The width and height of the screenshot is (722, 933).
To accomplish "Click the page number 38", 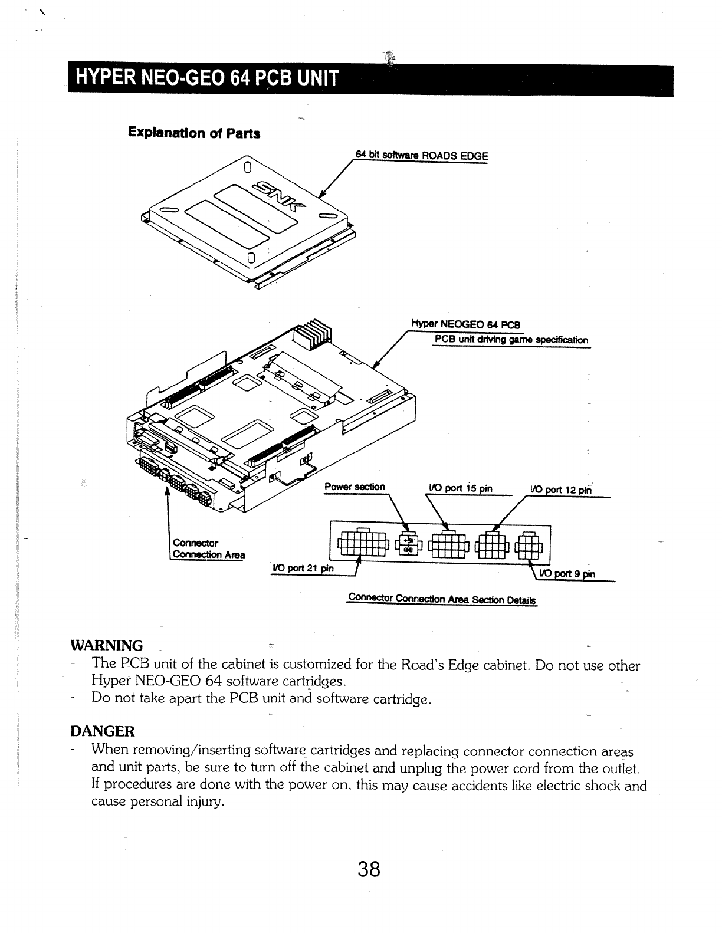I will pos(367,869).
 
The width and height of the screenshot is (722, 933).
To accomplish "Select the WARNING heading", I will pos(107,645).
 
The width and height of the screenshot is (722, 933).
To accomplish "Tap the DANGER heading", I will pos(103,731).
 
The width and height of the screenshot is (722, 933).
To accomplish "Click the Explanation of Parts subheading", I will pos(194,133).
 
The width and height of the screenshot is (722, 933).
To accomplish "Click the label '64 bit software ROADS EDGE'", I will pos(421,156).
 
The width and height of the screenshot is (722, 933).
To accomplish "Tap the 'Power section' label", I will pos(355,487).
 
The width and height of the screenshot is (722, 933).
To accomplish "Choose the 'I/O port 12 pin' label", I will pos(561,489).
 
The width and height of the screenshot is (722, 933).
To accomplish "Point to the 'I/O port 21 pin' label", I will pos(303,568).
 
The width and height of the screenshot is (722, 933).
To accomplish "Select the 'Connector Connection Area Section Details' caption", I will pos(442,599).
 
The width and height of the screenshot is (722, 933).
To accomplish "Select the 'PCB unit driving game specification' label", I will pos(511,340).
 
